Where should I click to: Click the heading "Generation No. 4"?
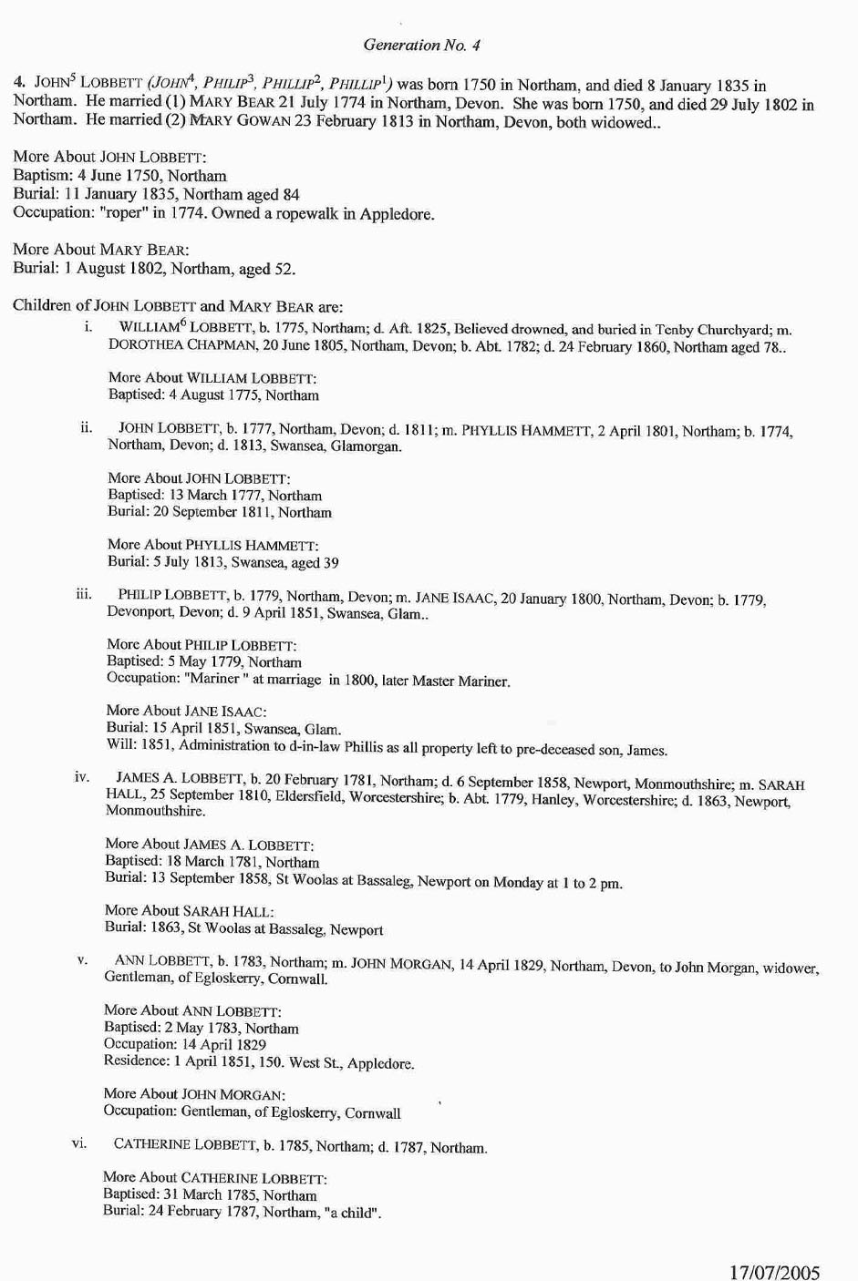(421, 45)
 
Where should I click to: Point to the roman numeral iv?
(82, 777)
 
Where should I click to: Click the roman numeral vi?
(79, 1143)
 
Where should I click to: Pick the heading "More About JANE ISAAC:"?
(186, 711)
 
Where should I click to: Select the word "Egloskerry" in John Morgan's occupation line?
(301, 1112)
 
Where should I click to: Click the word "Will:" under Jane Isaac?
(121, 745)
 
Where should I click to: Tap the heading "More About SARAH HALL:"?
(189, 911)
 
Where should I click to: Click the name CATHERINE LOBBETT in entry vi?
(185, 1144)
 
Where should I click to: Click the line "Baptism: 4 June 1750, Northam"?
(119, 176)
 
